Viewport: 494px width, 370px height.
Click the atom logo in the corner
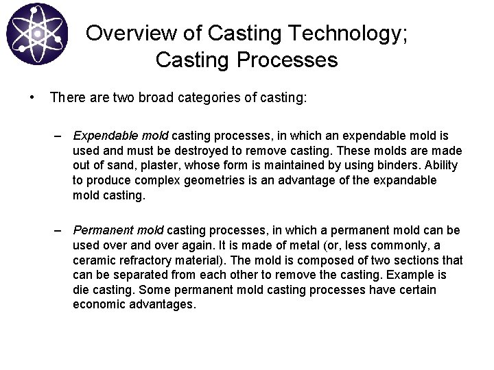pos(38,34)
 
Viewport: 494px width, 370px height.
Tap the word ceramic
pos(95,260)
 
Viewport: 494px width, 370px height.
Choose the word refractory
pos(146,260)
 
